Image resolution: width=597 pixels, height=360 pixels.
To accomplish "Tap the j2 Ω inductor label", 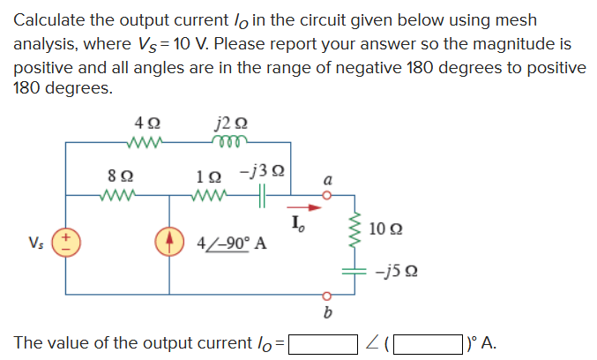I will [x=227, y=124].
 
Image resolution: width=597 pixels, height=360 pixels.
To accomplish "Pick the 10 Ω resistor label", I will [x=388, y=229].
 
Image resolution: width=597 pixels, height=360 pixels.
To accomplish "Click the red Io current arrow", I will [x=300, y=210].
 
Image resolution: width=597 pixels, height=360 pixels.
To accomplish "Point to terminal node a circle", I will [x=328, y=196].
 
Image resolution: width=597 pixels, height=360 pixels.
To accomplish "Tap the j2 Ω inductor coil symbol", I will [x=227, y=142].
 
